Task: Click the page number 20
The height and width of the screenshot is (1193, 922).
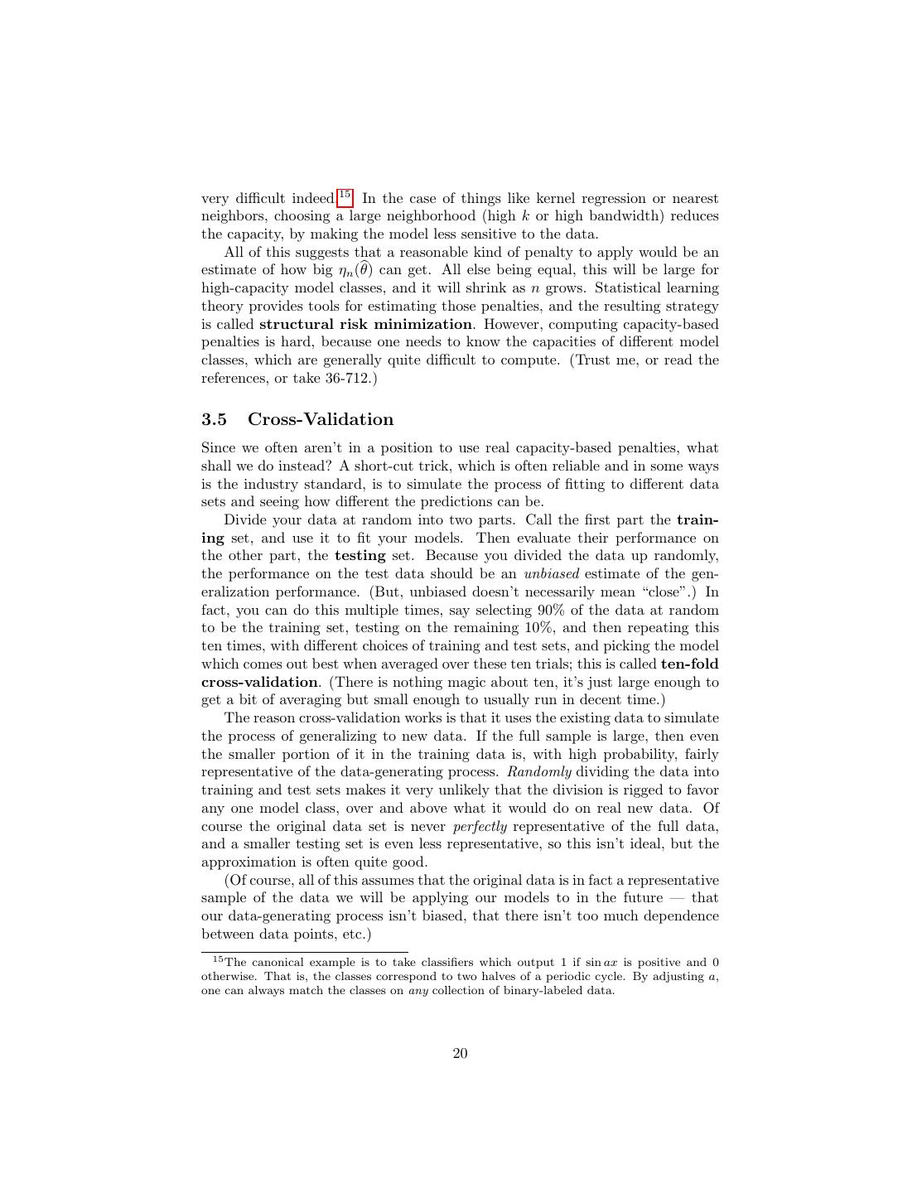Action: pos(461,1053)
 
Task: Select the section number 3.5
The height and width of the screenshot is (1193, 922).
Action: pos(214,419)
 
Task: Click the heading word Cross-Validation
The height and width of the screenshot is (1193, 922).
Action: pos(321,419)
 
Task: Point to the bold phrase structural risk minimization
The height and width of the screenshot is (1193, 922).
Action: pos(365,324)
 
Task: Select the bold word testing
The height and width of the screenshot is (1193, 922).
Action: pos(360,556)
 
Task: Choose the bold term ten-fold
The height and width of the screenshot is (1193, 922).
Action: pos(689,664)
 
